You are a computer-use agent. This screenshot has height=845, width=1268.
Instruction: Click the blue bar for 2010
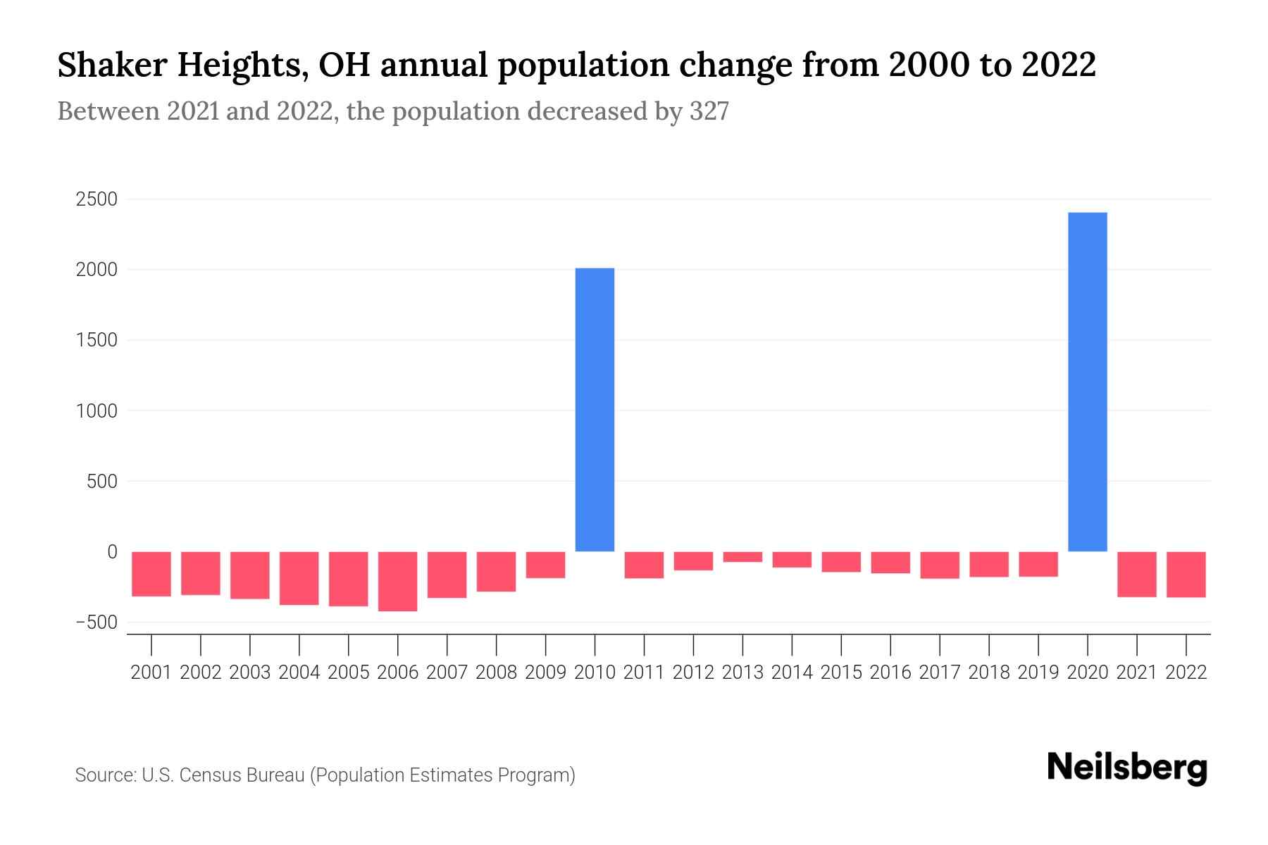tap(595, 410)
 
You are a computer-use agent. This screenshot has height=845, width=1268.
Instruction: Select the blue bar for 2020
tap(1087, 382)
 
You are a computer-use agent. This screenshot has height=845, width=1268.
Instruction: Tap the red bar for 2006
tap(397, 581)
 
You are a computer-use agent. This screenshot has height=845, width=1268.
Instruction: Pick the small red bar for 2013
tap(742, 557)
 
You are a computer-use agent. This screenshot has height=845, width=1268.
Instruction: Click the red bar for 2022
tap(1186, 574)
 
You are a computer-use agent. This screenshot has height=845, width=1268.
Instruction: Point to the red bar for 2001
tap(151, 574)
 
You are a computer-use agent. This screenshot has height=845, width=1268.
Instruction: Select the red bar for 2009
tap(545, 565)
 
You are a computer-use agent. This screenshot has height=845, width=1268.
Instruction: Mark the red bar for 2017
tap(939, 565)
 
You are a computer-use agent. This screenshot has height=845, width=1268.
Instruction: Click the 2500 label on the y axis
tap(97, 199)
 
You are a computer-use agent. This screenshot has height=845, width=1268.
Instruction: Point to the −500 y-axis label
tap(97, 622)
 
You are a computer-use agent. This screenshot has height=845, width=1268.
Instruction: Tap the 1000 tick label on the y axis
tap(97, 411)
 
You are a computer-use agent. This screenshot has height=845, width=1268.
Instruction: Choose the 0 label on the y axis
tap(111, 552)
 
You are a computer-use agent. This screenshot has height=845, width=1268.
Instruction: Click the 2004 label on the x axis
tap(299, 672)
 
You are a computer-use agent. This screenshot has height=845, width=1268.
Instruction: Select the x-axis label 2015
tap(840, 672)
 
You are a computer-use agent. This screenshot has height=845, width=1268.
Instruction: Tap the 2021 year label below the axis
tap(1136, 672)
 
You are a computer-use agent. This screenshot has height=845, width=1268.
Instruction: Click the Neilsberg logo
tap(1127, 768)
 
